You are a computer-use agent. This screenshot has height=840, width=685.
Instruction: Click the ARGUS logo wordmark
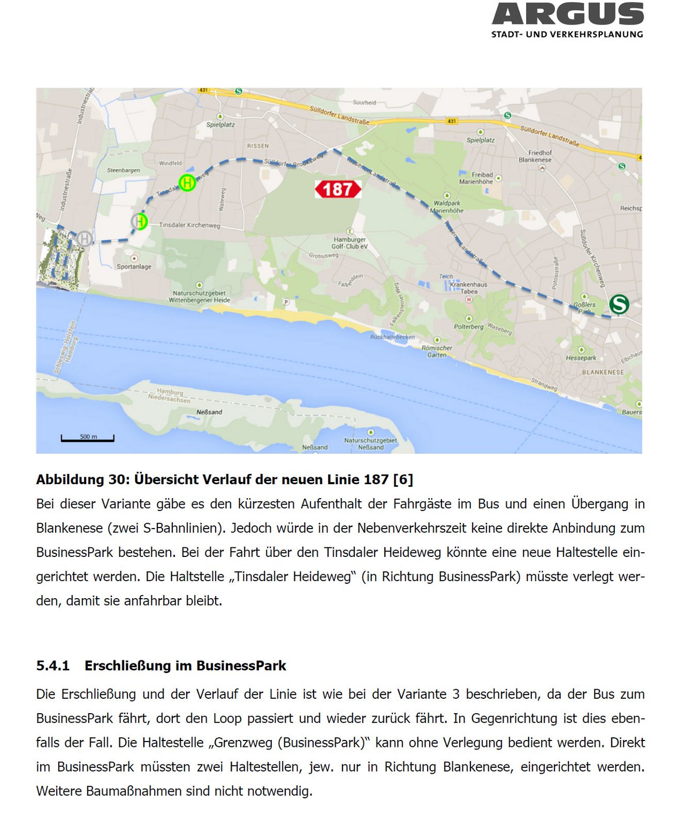coord(567,14)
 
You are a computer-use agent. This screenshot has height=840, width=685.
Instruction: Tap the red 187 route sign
coord(338,189)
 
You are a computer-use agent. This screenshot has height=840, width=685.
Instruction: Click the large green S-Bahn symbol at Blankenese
coord(619,304)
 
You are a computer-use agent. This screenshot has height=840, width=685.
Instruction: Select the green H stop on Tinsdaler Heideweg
coord(187,182)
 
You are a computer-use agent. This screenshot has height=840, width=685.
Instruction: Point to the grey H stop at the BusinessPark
coord(84,238)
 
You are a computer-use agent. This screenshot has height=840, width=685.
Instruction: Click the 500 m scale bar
coord(88,439)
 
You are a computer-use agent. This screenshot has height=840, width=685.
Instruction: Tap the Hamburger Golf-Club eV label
coord(349,243)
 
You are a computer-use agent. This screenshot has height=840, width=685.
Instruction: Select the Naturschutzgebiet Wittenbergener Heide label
coord(199,296)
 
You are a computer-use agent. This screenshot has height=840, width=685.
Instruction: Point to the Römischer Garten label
coord(437,351)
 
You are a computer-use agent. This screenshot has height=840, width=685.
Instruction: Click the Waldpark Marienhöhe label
coord(447,207)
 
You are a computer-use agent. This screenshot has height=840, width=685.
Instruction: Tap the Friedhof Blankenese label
coord(535,156)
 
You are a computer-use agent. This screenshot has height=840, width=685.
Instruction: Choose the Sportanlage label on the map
coord(134,266)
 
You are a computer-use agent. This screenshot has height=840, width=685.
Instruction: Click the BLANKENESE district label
coord(603,372)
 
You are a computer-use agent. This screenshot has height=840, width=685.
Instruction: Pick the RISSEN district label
coord(258,146)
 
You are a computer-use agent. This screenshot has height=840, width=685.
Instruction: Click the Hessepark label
coord(581,358)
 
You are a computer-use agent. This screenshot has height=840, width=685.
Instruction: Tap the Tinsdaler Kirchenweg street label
coord(189,225)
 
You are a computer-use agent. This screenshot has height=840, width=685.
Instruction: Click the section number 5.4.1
coord(53,666)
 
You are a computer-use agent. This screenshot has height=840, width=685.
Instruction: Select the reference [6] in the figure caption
coord(403,479)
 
